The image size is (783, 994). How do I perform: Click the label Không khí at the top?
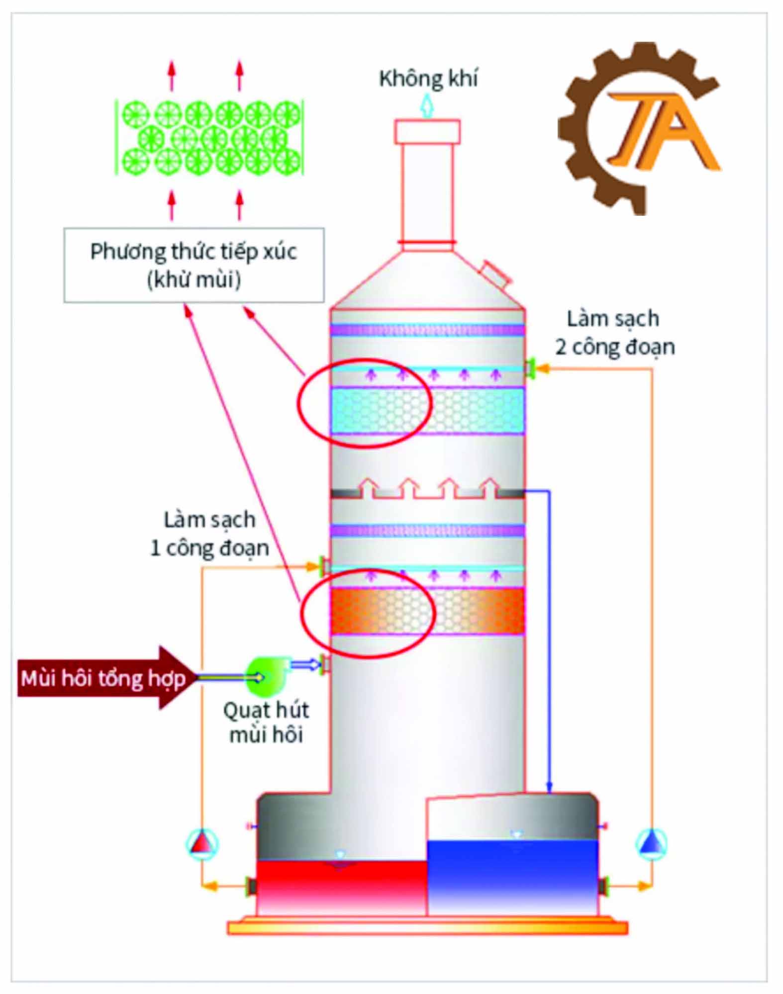[x=428, y=79]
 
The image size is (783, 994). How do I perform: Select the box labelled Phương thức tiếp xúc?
[x=194, y=265]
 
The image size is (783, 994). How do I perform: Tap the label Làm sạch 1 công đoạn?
[x=209, y=534]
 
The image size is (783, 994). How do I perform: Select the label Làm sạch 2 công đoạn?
[x=614, y=333]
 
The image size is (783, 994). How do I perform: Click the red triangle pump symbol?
[x=202, y=844]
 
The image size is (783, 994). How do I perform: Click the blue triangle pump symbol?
[x=651, y=843]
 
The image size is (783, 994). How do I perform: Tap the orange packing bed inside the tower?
[x=428, y=611]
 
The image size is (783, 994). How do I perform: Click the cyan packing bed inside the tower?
[x=428, y=411]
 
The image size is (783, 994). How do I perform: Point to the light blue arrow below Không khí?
[x=427, y=106]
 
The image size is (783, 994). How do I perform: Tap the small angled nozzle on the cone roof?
[x=495, y=273]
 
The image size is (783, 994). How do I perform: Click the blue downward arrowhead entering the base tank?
[x=549, y=788]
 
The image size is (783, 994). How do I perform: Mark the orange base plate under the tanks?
[x=427, y=928]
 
